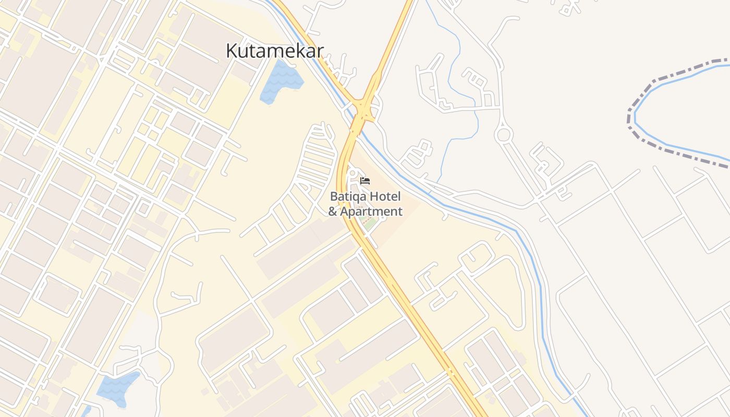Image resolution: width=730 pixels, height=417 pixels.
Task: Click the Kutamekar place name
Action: pyautogui.click(x=275, y=51)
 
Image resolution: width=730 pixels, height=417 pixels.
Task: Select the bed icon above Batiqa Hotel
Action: pyautogui.click(x=365, y=181)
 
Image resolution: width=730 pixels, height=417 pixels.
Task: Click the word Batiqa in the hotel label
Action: pyautogui.click(x=346, y=197)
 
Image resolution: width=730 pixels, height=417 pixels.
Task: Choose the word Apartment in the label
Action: pyautogui.click(x=371, y=212)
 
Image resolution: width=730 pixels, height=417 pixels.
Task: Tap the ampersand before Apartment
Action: pyautogui.click(x=333, y=212)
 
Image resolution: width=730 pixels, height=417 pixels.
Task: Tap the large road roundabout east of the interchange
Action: pyautogui.click(x=504, y=135)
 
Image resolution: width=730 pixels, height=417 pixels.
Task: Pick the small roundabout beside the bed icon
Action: pyautogui.click(x=352, y=173)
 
